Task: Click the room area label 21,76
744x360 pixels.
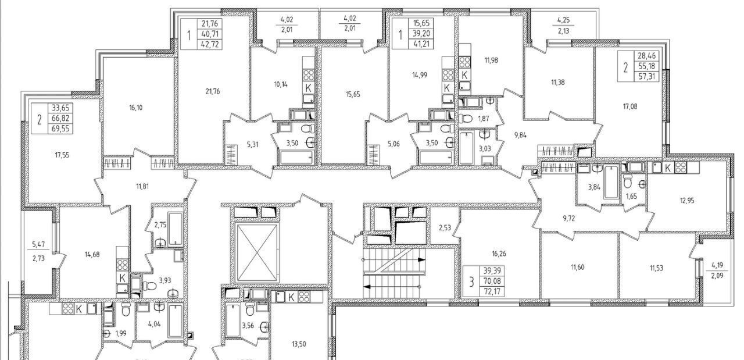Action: [213, 91]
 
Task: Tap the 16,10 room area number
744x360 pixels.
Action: [135, 108]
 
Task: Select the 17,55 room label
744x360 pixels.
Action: [62, 155]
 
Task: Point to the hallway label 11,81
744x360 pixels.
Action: [142, 187]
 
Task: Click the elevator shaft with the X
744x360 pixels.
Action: [256, 252]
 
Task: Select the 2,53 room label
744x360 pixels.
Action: [444, 228]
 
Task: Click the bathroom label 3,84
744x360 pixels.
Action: [594, 187]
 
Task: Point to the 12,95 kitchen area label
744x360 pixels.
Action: [687, 201]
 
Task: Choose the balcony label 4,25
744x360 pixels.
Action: [563, 20]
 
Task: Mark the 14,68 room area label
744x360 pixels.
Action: [92, 255]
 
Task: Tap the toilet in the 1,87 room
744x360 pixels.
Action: [466, 118]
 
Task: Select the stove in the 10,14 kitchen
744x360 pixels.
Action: [309, 76]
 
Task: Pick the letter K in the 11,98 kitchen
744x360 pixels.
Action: [464, 76]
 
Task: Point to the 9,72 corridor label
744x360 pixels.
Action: [568, 219]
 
